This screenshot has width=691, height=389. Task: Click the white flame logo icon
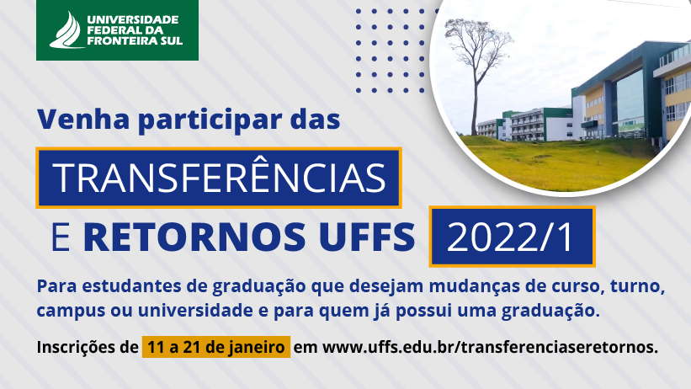tap(67, 30)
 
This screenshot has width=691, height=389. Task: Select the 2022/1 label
tap(511, 237)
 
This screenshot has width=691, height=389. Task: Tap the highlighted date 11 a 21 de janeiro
tap(216, 347)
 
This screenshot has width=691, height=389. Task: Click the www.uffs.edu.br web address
tap(490, 347)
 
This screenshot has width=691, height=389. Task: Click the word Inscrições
tap(88, 347)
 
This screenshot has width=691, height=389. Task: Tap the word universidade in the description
tap(195, 310)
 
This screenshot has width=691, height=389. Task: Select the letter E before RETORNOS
tap(61, 237)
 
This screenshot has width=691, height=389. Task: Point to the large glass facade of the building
tap(630, 100)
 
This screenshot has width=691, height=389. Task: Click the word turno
tap(637, 286)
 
